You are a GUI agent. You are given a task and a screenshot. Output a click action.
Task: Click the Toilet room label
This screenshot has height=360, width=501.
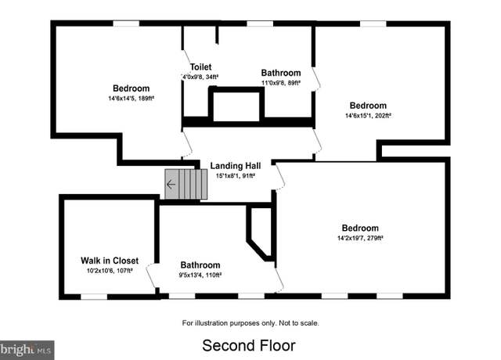200,67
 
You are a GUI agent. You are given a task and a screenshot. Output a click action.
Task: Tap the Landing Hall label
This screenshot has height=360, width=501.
236,166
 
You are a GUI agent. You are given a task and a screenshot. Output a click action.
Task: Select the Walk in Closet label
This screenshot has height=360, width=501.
110,261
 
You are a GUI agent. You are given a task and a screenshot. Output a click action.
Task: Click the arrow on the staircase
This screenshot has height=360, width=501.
171,185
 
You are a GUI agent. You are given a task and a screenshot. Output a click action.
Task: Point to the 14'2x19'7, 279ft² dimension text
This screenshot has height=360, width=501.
360,238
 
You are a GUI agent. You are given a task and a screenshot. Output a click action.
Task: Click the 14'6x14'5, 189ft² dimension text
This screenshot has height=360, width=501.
131,99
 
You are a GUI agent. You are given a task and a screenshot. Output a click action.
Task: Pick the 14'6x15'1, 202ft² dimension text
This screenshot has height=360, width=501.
368,116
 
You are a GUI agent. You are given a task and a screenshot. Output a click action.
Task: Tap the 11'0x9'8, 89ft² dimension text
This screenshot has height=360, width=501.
281,83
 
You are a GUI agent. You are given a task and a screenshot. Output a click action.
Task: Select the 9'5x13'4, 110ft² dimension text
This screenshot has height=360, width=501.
200,275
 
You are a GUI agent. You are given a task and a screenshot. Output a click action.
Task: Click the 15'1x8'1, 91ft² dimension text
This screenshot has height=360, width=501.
236,175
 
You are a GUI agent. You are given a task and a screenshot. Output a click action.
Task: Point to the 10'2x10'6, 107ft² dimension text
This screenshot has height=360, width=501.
110,271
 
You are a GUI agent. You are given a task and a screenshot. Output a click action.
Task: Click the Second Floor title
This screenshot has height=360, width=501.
249,346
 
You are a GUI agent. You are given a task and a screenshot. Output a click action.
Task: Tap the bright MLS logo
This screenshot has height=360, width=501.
27,350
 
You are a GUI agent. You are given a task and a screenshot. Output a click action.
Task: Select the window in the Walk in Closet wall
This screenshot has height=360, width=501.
94,297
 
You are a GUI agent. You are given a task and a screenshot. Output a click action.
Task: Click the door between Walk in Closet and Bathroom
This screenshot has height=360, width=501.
152,275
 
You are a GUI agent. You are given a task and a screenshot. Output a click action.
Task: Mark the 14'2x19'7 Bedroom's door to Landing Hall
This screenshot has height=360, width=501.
279,177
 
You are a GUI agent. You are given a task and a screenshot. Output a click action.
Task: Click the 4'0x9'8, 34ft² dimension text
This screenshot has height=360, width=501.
200,77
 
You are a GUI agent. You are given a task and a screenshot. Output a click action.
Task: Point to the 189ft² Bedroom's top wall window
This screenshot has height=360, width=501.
127,23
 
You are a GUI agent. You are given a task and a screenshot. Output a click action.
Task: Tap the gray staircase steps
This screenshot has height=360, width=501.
186,185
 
